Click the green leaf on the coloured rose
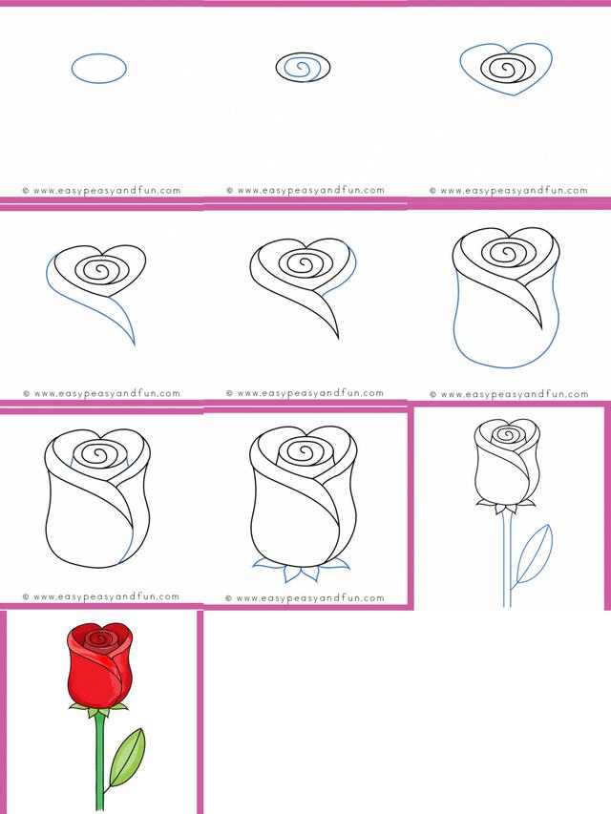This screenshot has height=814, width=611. point(127,757)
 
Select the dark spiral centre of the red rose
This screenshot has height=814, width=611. point(99,638)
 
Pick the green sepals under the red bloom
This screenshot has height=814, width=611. point(98,709)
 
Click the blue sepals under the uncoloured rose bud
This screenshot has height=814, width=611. point(302,572)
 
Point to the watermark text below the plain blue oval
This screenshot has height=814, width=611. point(102,191)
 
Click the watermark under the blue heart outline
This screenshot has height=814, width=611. point(509,191)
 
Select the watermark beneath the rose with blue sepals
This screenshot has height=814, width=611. point(305,598)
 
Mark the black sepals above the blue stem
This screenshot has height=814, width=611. point(507,505)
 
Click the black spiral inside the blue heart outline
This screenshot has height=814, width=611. point(506,69)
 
